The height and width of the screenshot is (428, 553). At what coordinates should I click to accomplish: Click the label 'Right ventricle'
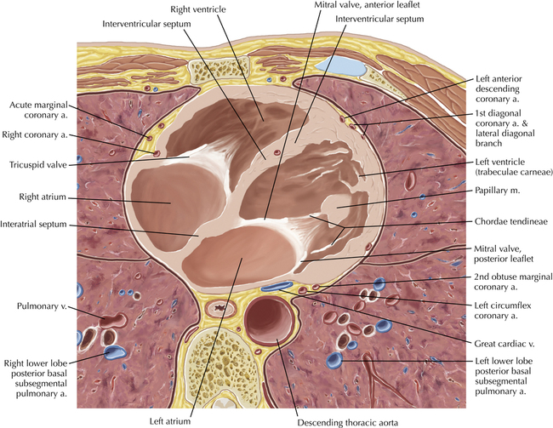(x=198, y=9)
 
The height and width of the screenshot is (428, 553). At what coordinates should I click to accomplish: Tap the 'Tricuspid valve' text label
(x=38, y=165)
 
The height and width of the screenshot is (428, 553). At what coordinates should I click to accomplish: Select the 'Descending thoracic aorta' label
(x=348, y=423)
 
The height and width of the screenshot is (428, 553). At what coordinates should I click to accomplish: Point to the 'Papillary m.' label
(x=498, y=191)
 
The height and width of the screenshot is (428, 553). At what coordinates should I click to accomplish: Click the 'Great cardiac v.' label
(x=505, y=344)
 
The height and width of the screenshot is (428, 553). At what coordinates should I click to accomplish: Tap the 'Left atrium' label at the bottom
(x=170, y=421)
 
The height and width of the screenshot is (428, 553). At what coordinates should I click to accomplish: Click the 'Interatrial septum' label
(x=33, y=225)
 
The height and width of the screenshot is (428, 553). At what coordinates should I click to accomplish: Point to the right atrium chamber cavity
(x=173, y=205)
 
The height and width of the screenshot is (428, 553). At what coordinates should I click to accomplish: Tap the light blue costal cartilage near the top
(x=340, y=66)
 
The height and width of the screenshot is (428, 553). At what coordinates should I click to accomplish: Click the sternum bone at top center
(x=219, y=70)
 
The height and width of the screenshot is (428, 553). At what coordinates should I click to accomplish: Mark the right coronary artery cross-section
(x=157, y=153)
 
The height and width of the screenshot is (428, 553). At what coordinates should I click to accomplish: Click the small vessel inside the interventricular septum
(x=277, y=152)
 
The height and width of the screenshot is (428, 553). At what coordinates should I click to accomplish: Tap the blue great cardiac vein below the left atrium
(x=277, y=286)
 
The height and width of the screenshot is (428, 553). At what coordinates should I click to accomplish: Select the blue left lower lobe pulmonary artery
(x=334, y=360)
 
